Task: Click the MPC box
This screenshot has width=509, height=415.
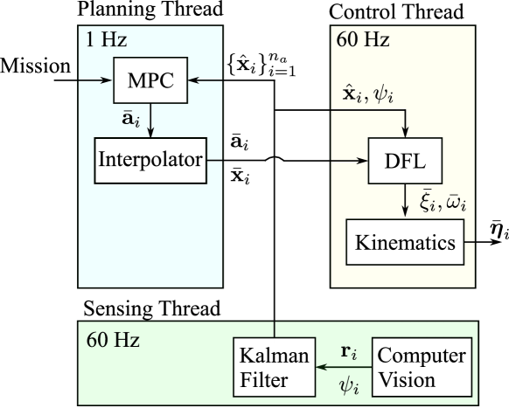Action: (150, 80)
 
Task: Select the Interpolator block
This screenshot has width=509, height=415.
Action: (150, 160)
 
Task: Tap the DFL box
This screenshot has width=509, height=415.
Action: (405, 161)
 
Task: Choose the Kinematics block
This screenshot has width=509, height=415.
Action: (405, 241)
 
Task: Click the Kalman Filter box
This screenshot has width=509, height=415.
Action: (275, 367)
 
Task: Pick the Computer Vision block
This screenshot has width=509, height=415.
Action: (422, 367)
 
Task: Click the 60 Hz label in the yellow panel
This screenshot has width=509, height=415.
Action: (362, 40)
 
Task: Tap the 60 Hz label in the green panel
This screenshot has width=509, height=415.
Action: (113, 339)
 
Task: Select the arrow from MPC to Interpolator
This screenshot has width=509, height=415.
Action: (150, 121)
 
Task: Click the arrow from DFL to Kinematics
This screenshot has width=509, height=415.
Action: (405, 201)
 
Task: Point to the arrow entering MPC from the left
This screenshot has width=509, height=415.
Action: (97, 80)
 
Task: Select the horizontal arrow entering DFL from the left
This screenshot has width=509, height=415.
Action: (350, 161)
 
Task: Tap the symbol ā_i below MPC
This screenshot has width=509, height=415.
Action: (129, 120)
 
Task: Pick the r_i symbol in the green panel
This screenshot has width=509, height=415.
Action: (347, 352)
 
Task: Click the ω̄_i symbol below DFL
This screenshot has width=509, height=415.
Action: (456, 203)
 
